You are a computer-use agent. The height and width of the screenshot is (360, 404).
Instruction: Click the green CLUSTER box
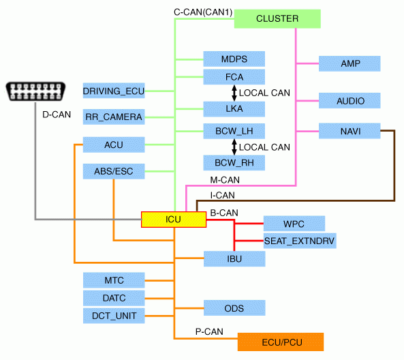(277, 19)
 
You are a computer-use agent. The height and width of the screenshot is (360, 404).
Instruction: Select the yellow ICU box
(174, 220)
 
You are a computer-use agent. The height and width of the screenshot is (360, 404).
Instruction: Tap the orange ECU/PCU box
(281, 342)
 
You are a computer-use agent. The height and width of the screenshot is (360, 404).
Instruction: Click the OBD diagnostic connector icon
(35, 91)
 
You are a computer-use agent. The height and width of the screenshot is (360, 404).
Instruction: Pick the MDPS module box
(234, 59)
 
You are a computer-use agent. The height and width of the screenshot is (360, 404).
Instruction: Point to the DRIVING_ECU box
(114, 91)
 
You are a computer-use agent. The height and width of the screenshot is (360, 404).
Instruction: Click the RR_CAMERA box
(114, 117)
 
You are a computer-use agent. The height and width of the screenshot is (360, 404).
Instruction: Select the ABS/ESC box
(114, 171)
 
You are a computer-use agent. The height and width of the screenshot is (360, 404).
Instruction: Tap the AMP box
(349, 63)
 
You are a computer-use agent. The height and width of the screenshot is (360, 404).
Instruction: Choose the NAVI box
(349, 131)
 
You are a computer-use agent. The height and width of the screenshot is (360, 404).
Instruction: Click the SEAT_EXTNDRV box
(300, 241)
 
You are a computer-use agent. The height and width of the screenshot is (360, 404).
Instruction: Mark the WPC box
(294, 224)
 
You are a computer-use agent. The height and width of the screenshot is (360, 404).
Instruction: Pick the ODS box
(234, 308)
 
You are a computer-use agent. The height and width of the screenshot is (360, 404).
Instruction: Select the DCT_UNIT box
(114, 316)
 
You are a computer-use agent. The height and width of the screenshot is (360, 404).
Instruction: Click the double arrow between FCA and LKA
(234, 93)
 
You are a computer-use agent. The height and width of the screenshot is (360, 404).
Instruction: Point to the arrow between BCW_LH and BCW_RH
(234, 147)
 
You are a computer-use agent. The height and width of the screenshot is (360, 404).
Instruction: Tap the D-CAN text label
(57, 115)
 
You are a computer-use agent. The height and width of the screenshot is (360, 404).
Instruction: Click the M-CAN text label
(225, 180)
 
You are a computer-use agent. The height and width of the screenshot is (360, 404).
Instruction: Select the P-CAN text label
(209, 331)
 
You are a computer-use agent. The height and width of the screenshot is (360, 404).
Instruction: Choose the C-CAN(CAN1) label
(203, 12)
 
